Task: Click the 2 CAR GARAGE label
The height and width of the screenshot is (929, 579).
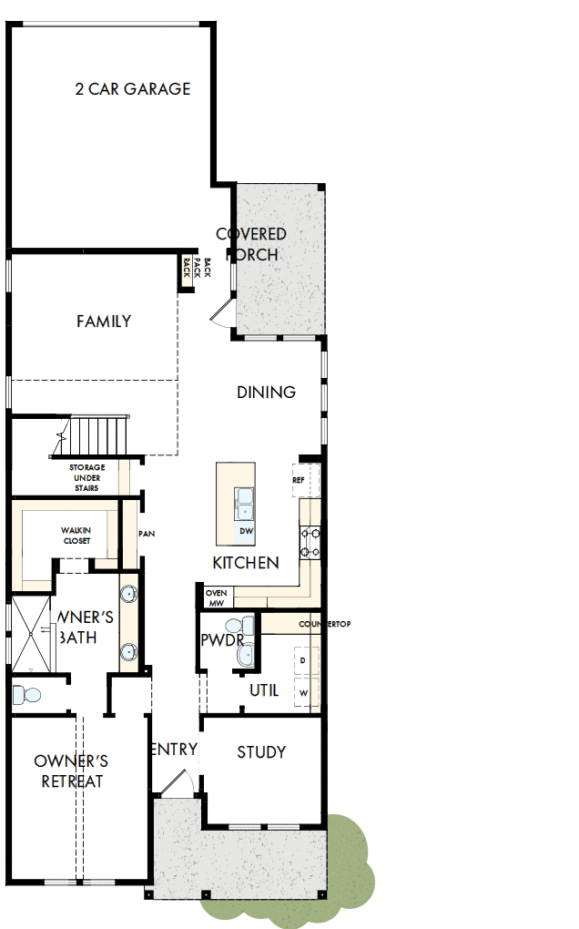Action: coord(133,89)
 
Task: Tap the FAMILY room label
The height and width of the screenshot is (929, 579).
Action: coord(104,322)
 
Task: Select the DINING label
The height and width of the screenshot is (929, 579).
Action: coord(267,393)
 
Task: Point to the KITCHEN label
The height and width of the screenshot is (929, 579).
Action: coord(246,563)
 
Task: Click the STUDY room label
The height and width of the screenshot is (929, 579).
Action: coord(261,752)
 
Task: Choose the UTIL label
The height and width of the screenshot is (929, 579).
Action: coord(264,690)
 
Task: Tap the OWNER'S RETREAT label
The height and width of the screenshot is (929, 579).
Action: coord(72,771)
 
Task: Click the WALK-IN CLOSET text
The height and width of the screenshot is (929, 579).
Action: coord(76,536)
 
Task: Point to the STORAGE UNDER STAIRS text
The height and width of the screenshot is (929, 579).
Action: coord(87,478)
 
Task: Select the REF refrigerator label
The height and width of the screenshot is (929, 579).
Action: coord(299,480)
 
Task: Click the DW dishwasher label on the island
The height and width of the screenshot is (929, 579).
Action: coord(246,531)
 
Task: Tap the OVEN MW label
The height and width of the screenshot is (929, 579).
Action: coord(216,597)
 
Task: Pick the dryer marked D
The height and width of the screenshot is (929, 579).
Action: coord(303,658)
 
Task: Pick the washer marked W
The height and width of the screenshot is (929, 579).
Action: coord(303,693)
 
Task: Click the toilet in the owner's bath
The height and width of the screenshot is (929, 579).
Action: coord(27,696)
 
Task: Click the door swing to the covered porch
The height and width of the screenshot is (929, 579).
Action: coord(223,312)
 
